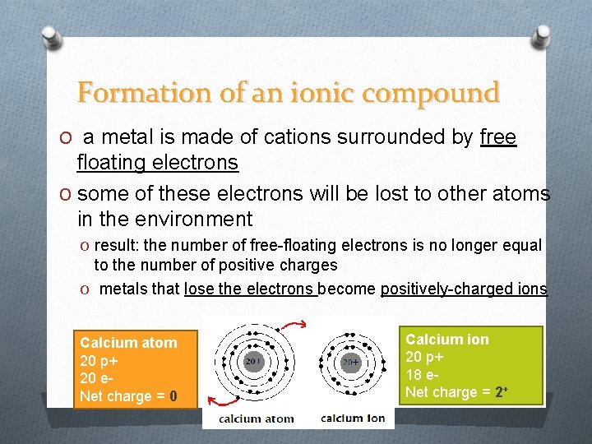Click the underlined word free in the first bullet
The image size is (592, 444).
point(497,137)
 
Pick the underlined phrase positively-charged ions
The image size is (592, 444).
point(465,289)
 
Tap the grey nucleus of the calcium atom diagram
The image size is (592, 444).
point(255,362)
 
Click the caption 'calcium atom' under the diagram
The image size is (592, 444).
point(256,419)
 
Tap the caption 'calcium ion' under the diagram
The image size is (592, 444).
point(353,419)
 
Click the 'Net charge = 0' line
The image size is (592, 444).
point(128,396)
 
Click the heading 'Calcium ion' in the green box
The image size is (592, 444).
point(447,340)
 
